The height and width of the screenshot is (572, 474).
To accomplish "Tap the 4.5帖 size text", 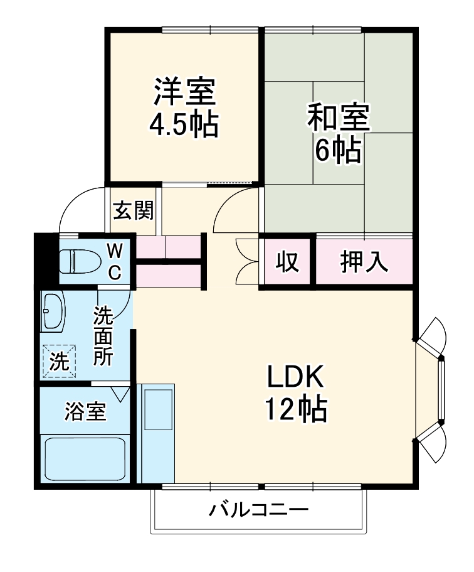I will coord(184,126).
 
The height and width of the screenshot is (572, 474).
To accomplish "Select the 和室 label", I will coord(338,117).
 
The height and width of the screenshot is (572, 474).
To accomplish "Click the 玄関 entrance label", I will coord(133,212).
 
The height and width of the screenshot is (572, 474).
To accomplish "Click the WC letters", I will coord(115,262).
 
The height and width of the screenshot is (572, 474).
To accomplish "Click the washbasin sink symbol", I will coord(53,311).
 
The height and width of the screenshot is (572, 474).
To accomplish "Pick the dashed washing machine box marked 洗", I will coord(59,361).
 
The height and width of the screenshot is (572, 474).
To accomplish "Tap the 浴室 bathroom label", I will coord(85,413).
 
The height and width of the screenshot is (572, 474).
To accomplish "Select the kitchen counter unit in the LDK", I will coord(157,433).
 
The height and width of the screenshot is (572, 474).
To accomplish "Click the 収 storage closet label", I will coord(287,262).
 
